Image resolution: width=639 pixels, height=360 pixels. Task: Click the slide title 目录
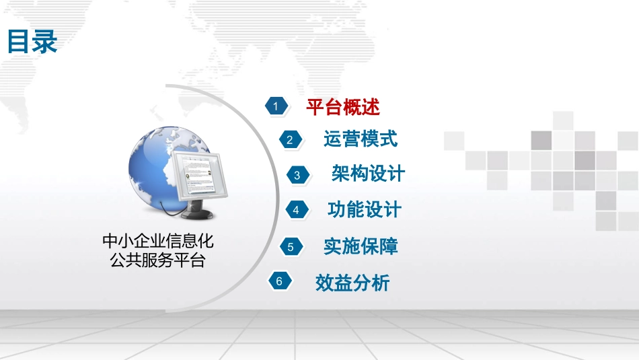pos(32,42)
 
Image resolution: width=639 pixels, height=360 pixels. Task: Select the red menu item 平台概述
pos(343,106)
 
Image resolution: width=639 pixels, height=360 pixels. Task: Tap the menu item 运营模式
pos(361,139)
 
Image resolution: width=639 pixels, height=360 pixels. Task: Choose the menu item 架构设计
pos(369,174)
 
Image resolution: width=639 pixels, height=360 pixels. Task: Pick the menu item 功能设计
pos(365,210)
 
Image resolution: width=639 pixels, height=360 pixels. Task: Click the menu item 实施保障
pos(361,246)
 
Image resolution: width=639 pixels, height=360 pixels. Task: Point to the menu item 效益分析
pos(352,283)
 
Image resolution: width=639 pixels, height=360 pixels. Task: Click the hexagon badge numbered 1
pos(275,106)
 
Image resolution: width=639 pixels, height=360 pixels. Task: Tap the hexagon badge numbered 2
pos(290,140)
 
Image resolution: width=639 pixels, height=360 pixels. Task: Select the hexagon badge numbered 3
pos(297,175)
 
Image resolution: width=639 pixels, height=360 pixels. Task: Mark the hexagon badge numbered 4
pos(296,210)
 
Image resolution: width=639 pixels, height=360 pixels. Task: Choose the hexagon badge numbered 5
pos(291,247)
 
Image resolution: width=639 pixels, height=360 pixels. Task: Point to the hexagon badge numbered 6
pos(279,282)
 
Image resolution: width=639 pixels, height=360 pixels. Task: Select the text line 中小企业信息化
pos(158,241)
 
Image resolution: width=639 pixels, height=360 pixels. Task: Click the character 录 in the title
pos(44,42)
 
